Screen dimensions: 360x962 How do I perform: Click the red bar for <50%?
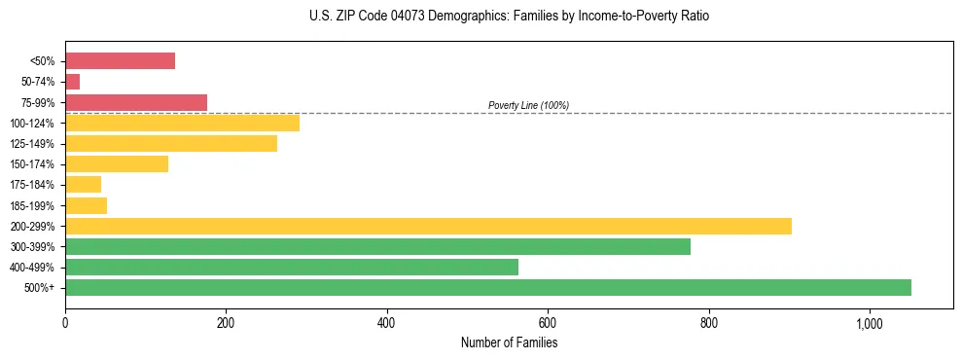click(120, 61)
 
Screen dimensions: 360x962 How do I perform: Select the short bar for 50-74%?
click(73, 82)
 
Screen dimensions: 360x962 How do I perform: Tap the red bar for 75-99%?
click(136, 102)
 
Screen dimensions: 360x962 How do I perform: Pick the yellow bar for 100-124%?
click(182, 123)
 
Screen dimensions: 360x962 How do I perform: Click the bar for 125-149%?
click(171, 144)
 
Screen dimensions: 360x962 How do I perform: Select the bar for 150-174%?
click(117, 164)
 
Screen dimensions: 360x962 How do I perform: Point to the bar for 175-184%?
click(84, 185)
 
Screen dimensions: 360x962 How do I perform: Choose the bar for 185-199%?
click(87, 205)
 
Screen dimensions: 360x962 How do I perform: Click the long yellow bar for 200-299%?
click(428, 226)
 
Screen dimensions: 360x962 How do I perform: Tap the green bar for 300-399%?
click(377, 246)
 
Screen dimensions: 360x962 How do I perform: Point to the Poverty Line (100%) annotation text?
click(528, 105)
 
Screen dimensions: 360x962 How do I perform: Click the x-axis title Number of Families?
click(509, 342)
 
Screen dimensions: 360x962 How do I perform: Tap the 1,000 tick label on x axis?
click(869, 323)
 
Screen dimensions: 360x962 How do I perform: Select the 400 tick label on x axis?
click(387, 323)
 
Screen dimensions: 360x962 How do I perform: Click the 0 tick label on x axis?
click(65, 323)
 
